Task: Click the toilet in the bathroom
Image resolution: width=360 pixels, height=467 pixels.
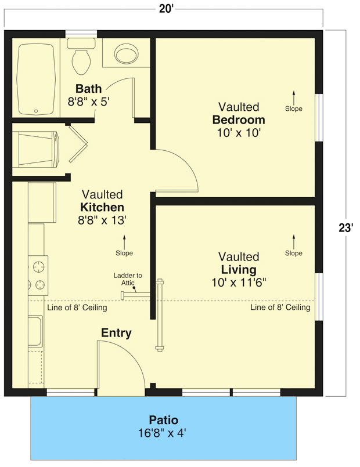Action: (x=81, y=55)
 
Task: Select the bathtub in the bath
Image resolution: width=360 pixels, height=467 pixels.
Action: (x=36, y=78)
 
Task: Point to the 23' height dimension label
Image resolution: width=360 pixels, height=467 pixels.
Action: (x=346, y=228)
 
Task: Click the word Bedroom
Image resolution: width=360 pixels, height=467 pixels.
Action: (x=239, y=120)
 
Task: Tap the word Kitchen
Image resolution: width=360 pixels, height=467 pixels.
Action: (x=102, y=207)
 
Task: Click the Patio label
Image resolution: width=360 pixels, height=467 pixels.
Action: (x=163, y=420)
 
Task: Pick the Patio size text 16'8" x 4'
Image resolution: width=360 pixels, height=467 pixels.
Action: (x=163, y=433)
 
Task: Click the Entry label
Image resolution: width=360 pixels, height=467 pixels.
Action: (x=116, y=333)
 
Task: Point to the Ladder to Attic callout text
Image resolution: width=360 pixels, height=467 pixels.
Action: (x=128, y=279)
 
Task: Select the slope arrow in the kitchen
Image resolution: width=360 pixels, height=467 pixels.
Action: (x=124, y=241)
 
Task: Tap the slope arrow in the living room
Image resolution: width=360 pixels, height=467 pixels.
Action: (x=294, y=241)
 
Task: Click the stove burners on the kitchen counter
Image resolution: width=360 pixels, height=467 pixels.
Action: (x=39, y=276)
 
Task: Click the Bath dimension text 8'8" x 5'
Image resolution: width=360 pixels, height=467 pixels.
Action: (x=88, y=101)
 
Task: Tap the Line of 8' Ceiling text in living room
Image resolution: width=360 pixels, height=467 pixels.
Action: (x=280, y=307)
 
